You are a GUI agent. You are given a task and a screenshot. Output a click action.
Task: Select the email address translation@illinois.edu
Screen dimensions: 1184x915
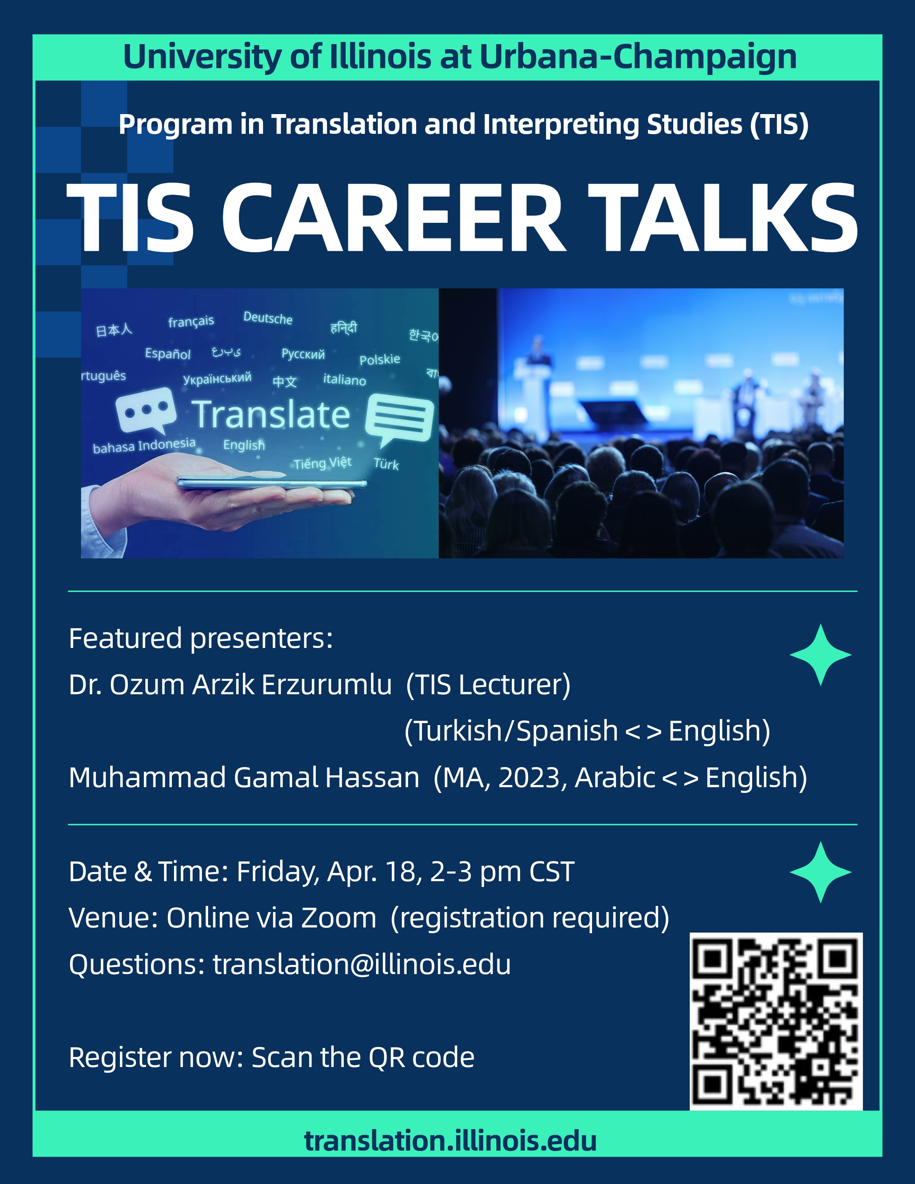(362, 964)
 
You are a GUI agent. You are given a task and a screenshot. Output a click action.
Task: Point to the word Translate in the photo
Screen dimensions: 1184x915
(271, 415)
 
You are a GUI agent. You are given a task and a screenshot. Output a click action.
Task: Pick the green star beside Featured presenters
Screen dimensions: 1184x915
(820, 654)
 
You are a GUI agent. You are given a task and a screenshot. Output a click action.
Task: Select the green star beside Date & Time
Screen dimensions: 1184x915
(820, 872)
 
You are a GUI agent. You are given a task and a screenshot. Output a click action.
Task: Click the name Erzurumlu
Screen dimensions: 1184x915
(326, 685)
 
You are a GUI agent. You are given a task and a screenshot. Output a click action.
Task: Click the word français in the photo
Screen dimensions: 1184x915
(191, 321)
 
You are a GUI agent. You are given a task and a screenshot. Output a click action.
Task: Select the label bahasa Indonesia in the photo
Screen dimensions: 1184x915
(144, 446)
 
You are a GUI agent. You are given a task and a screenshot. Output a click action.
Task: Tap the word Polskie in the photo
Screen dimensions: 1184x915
(379, 360)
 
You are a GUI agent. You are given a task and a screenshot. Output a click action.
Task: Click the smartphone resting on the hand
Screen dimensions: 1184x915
(271, 483)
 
